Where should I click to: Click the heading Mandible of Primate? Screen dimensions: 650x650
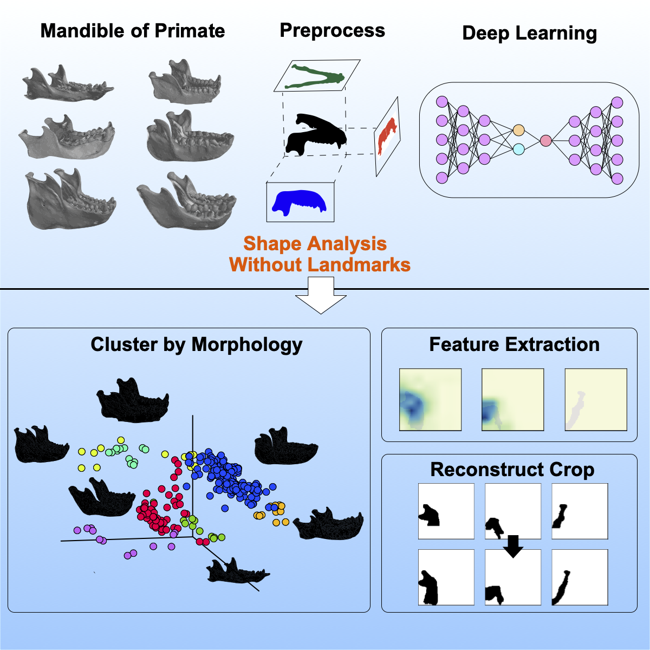133,31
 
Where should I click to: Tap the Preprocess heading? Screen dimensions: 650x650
332,30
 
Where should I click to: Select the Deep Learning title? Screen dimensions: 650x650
529,33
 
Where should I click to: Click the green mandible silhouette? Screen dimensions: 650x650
316,75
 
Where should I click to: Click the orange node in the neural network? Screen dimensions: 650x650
518,130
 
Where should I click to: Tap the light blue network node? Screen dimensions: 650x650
518,149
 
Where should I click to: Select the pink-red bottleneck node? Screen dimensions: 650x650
545,140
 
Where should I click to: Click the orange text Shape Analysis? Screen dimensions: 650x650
315,243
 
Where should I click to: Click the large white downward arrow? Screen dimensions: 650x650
321,295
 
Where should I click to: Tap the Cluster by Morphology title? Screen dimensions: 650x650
196,344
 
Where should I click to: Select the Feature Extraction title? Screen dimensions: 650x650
514,344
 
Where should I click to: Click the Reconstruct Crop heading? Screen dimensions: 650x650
512,470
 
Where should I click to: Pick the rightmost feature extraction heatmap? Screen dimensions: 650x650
595,399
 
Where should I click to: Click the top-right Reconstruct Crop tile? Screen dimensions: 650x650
579,511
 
